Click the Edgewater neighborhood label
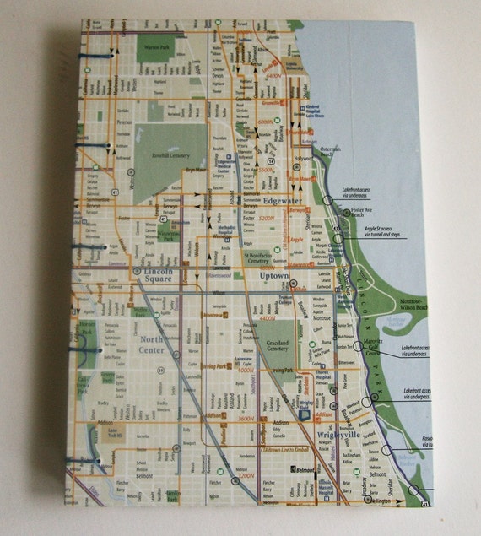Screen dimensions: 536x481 click(x=282, y=201)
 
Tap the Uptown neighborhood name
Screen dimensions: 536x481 click(x=275, y=276)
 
